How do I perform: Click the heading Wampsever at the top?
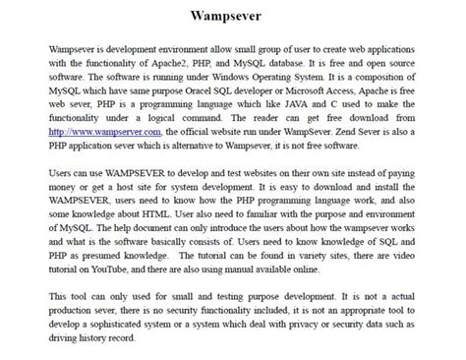tap(232, 18)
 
